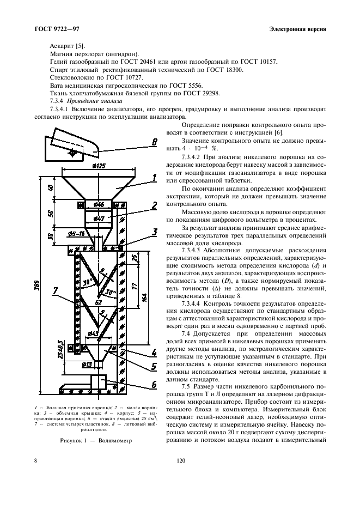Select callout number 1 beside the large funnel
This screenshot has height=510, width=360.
155,177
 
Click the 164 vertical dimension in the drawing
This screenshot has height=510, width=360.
142,297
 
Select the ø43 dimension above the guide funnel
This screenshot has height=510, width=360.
93,333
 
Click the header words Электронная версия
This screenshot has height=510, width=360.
297,28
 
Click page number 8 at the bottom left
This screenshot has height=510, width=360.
36,462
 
